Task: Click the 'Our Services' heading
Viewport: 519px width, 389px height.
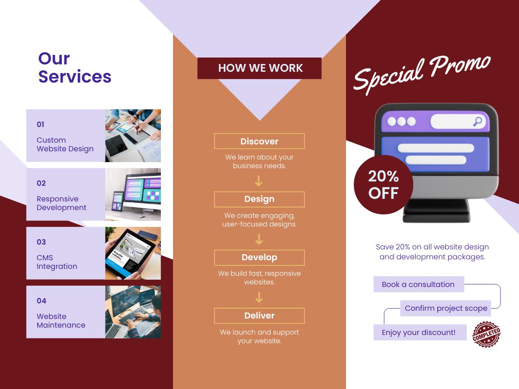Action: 75,68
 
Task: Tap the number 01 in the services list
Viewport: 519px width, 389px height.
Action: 40,124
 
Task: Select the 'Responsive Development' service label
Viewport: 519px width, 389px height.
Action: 61,203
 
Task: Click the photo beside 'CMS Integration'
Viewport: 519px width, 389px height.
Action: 133,253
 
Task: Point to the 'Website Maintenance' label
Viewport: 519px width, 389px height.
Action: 61,321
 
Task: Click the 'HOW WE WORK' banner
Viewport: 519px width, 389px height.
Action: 259,68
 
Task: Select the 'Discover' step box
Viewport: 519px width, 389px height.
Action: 259,141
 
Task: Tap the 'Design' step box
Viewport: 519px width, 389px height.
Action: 259,199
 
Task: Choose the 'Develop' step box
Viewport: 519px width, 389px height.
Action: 259,258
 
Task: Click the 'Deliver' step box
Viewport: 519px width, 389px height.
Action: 259,316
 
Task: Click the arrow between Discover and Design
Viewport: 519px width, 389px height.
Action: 259,181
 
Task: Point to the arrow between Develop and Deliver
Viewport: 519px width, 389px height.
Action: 259,297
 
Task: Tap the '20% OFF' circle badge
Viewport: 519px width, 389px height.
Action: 383,185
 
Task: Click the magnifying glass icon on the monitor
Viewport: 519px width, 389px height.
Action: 477,122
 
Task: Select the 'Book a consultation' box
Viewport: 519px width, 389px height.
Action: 419,284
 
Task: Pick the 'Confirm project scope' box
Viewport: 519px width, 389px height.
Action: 445,308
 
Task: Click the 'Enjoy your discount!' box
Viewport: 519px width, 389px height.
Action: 420,332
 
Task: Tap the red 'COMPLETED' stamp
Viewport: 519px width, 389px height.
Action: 486,335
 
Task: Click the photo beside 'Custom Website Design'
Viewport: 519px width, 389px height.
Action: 133,136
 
